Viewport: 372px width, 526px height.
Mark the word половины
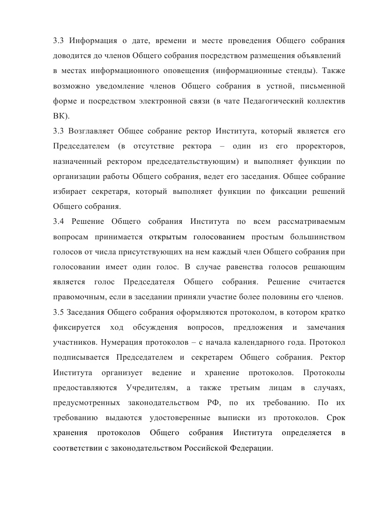pyautogui.click(x=282, y=297)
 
